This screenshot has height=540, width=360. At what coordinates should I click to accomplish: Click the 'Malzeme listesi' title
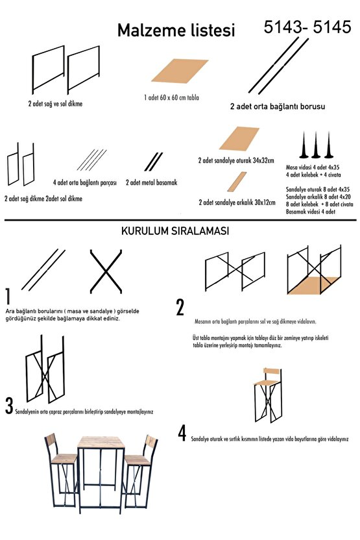point(176,31)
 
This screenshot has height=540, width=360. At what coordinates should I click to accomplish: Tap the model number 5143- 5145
point(307,27)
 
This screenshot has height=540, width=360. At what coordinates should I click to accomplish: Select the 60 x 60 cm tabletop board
point(180,71)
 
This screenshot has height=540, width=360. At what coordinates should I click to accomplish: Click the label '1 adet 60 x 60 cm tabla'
point(171,97)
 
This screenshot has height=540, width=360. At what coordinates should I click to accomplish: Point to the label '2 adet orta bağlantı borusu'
point(278,106)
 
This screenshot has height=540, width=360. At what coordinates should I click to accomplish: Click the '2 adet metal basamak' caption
point(151,182)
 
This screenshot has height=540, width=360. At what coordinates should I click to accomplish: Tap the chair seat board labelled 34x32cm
point(239,138)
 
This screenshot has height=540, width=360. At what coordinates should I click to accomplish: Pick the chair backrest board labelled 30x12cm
point(237,182)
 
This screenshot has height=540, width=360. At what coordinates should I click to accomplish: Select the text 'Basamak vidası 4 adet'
point(311,212)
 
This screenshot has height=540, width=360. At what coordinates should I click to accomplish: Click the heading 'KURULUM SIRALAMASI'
point(175,231)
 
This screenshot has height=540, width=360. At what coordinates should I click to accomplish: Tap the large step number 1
point(8,296)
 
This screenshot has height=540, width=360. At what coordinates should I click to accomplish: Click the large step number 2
point(180,307)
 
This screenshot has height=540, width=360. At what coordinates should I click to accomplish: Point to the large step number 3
point(9,406)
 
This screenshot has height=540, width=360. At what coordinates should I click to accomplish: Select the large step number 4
point(182,433)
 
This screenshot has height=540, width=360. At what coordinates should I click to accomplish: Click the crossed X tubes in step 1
point(106,271)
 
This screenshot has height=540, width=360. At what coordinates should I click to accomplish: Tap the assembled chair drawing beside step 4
point(268,395)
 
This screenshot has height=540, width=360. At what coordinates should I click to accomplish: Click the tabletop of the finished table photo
point(100,442)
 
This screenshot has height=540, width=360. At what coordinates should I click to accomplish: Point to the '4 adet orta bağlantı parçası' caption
point(85,182)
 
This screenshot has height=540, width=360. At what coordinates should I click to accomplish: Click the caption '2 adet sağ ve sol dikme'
point(55,103)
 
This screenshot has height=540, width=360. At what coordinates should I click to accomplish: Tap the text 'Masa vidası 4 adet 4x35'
point(313,167)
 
